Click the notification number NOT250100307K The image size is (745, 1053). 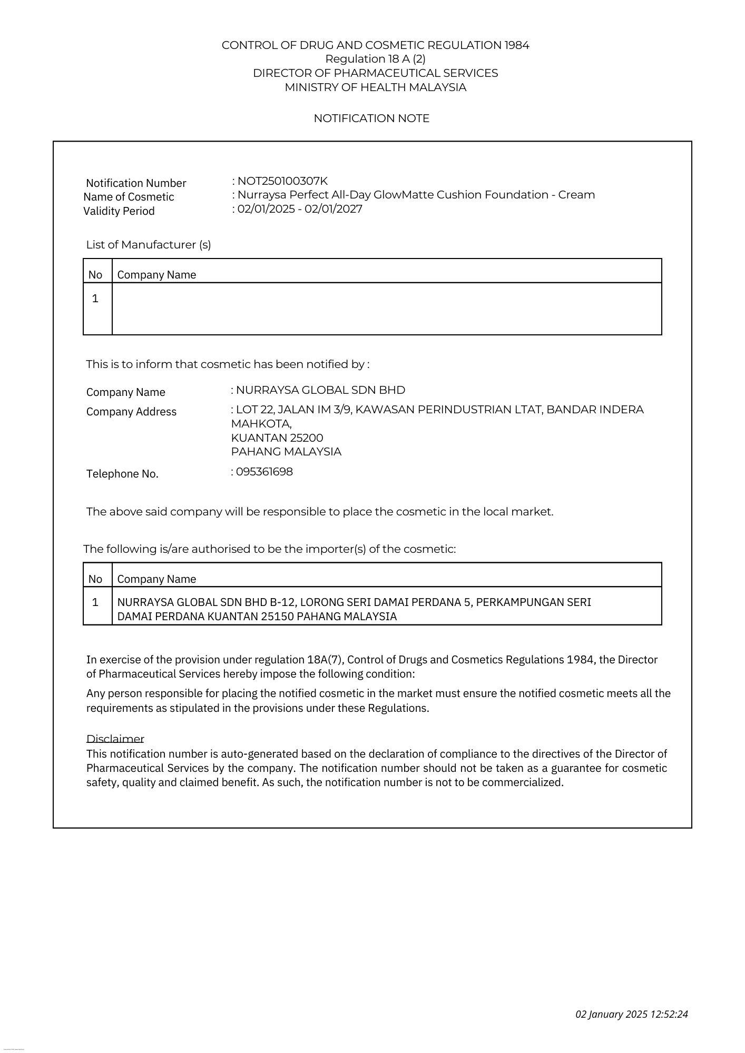(x=282, y=181)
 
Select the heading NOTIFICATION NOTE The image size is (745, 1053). (x=371, y=118)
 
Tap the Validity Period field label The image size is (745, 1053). (x=119, y=211)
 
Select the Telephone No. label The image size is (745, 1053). (x=122, y=474)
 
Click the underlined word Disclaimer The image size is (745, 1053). (x=115, y=739)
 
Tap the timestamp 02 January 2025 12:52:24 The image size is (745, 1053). (x=631, y=1014)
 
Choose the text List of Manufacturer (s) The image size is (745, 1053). (x=148, y=245)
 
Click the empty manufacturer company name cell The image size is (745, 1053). (x=386, y=309)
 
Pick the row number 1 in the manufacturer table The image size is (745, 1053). (x=95, y=299)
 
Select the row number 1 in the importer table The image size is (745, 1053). (x=95, y=602)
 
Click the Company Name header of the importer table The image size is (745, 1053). (x=156, y=579)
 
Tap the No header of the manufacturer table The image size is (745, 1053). (x=95, y=275)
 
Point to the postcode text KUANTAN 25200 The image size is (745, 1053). (x=277, y=438)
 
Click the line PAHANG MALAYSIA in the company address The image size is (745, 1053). (x=286, y=452)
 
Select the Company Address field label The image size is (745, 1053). (x=131, y=412)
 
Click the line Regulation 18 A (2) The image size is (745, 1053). (x=375, y=59)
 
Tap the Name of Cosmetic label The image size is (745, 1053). (x=129, y=197)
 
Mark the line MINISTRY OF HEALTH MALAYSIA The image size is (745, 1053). (x=375, y=87)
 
